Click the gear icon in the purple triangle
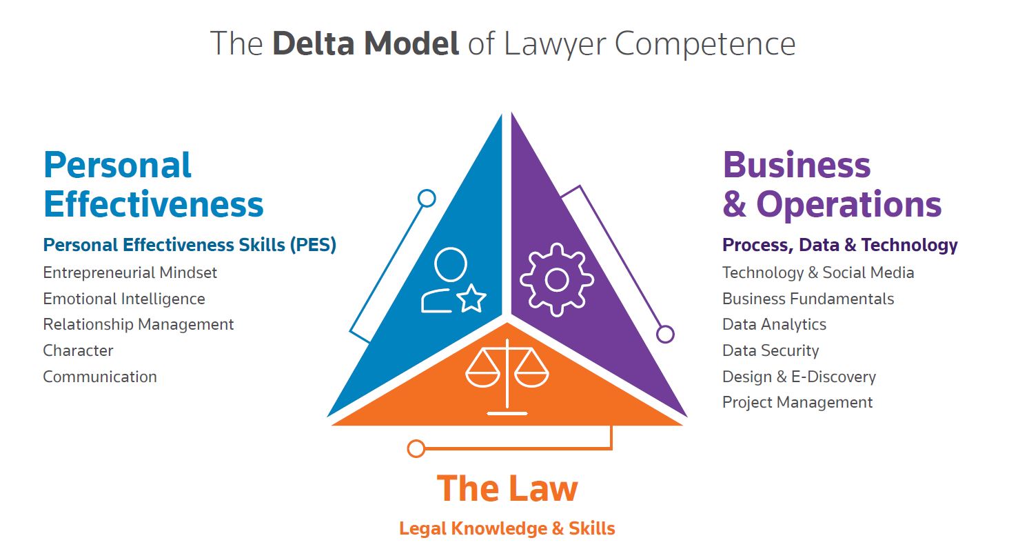(556, 279)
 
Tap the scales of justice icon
(507, 375)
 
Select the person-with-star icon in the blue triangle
(452, 281)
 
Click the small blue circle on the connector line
(427, 199)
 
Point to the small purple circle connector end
(665, 335)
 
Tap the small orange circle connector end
(416, 449)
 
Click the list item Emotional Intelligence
(124, 299)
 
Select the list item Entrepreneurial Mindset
(130, 272)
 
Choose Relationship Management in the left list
(139, 324)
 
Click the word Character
(78, 350)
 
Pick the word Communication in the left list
(100, 377)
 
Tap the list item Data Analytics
(774, 324)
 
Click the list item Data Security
(771, 350)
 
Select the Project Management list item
(797, 402)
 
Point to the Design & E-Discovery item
(799, 377)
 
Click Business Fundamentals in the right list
(808, 299)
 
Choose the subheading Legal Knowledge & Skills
(507, 529)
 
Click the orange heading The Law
(507, 488)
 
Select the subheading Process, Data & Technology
(839, 245)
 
